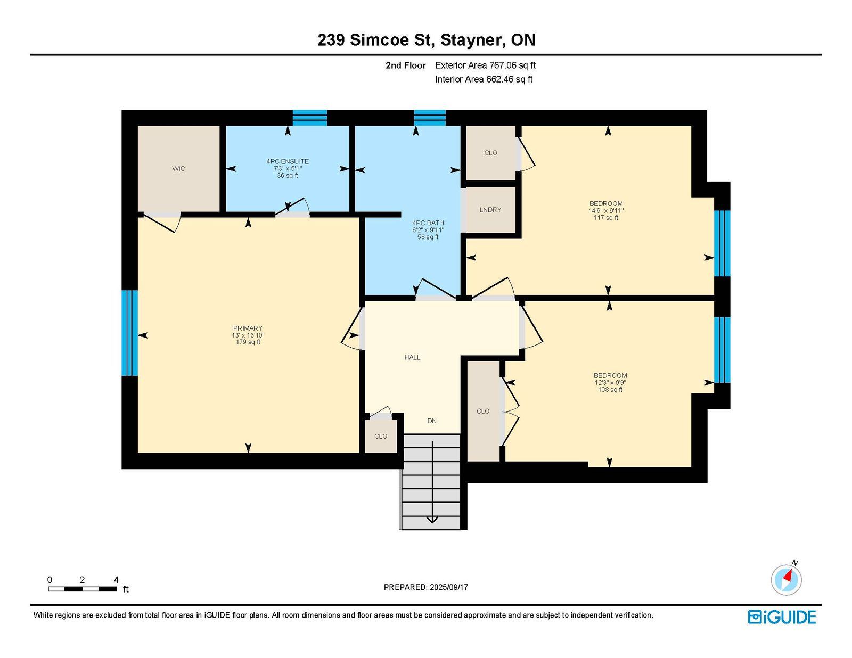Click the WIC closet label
click(x=178, y=169)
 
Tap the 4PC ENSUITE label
click(x=288, y=161)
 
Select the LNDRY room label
click(x=490, y=210)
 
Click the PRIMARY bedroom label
click(x=248, y=328)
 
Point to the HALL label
click(x=412, y=357)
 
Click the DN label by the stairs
click(x=432, y=421)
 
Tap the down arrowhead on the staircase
click(x=432, y=520)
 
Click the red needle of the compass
click(x=788, y=575)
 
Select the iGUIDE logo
click(x=782, y=617)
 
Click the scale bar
click(x=83, y=589)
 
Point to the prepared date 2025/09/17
click(x=449, y=587)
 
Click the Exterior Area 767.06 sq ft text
click(x=486, y=65)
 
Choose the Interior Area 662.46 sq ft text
click(x=484, y=79)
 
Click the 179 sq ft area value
click(x=248, y=342)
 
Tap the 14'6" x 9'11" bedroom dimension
click(x=606, y=210)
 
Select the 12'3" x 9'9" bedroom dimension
click(x=610, y=382)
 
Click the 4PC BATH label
click(x=428, y=223)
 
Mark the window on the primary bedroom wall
click(x=129, y=333)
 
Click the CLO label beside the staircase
click(x=380, y=436)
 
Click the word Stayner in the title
click(x=472, y=40)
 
